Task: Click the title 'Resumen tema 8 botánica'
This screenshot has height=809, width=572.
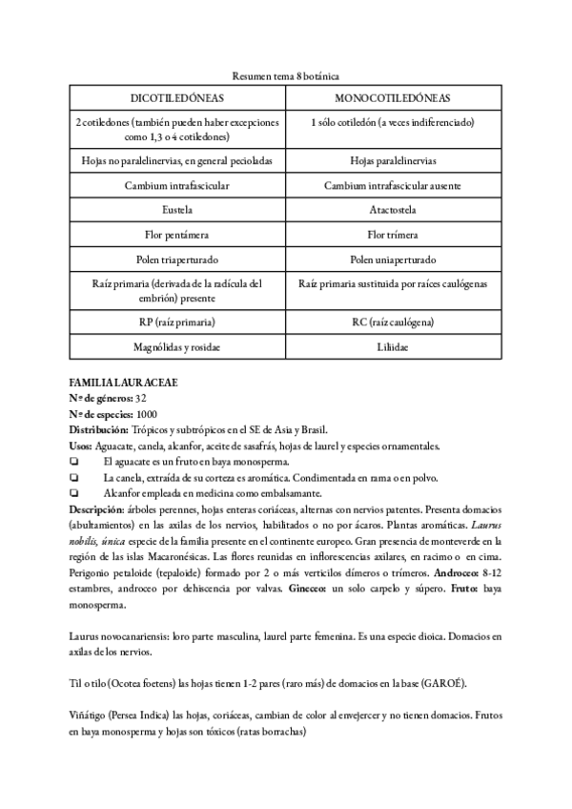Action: (286, 74)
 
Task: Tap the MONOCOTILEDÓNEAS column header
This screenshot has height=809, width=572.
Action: (393, 98)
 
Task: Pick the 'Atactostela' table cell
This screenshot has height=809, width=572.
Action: (393, 209)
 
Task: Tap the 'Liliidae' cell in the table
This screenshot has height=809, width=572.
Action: (393, 347)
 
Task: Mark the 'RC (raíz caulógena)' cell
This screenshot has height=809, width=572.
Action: (393, 322)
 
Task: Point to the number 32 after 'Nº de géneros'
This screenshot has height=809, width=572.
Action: (141, 398)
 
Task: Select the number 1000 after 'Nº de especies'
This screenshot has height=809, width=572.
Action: (148, 414)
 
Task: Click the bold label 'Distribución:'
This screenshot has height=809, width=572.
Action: (101, 430)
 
